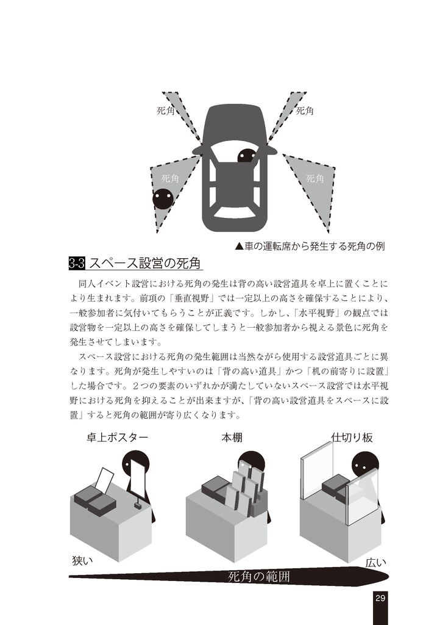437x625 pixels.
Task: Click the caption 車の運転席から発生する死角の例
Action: (x=310, y=247)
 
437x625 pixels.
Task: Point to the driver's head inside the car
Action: (x=247, y=156)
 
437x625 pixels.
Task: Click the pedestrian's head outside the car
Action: (x=163, y=198)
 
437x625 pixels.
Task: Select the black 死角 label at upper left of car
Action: (x=166, y=110)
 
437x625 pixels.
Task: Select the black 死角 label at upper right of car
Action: (x=305, y=110)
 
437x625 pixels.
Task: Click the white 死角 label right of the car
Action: (x=314, y=178)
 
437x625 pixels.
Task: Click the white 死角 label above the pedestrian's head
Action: (x=169, y=178)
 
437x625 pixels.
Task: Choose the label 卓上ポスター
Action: (x=117, y=438)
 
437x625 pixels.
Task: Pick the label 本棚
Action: (x=232, y=438)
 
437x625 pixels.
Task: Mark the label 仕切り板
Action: (x=352, y=438)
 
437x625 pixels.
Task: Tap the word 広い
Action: (x=375, y=563)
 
